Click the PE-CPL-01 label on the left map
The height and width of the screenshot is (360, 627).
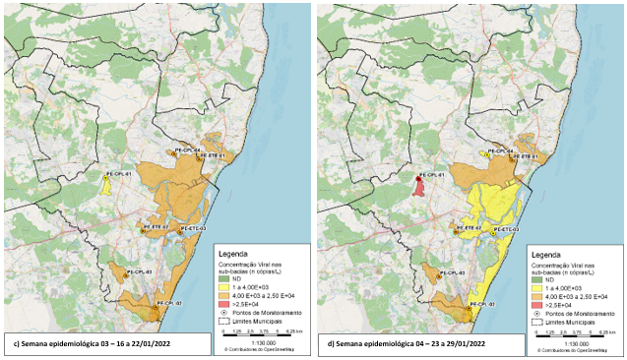pyautogui.click(x=118, y=173)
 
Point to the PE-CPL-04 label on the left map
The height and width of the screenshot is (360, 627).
pyautogui.click(x=188, y=150)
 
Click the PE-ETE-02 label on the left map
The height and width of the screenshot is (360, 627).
pyautogui.click(x=157, y=227)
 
